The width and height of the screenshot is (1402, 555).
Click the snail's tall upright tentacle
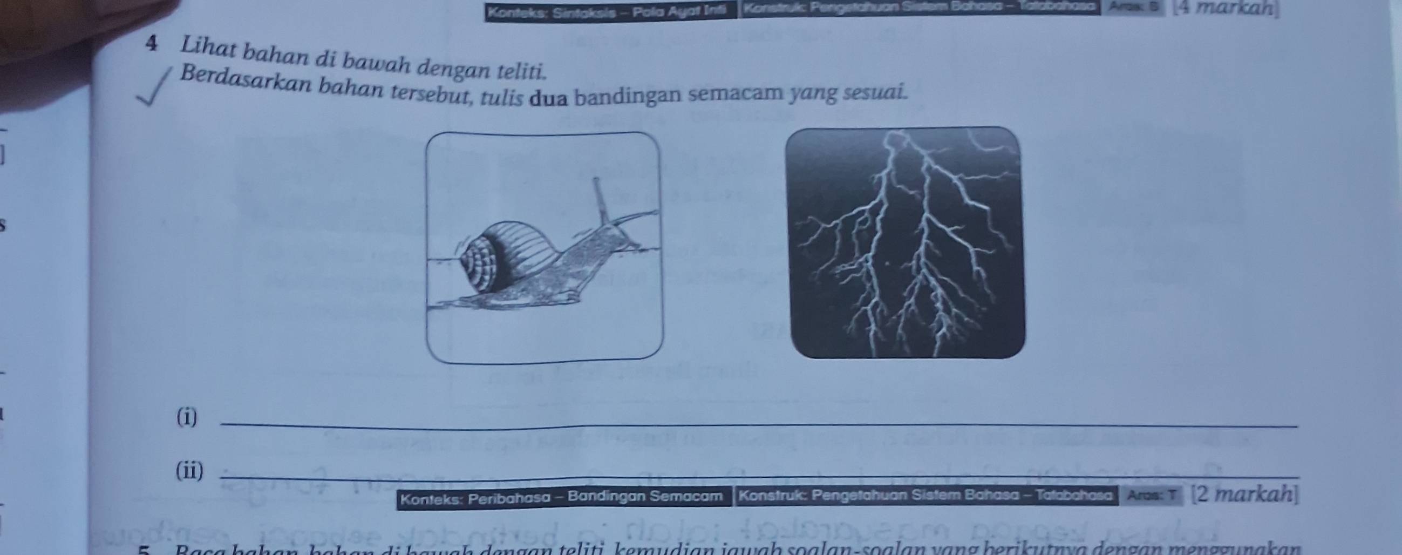pyautogui.click(x=601, y=199)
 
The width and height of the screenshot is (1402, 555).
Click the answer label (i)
pyautogui.click(x=187, y=418)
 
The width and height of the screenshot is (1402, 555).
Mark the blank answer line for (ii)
pyautogui.click(x=762, y=478)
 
